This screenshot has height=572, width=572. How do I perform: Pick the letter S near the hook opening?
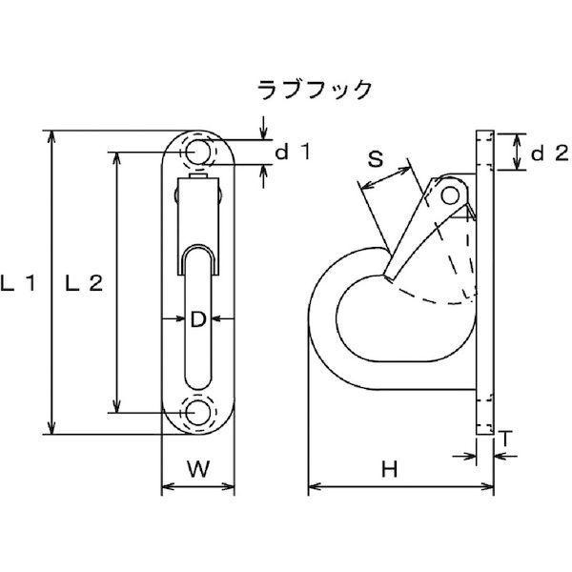[x=376, y=160]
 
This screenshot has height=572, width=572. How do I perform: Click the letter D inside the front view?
[x=197, y=321]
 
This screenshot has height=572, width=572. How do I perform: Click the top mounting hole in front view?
[x=197, y=152]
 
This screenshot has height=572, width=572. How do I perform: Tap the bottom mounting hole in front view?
[x=197, y=412]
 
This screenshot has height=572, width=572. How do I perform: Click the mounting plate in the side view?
[x=483, y=286]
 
